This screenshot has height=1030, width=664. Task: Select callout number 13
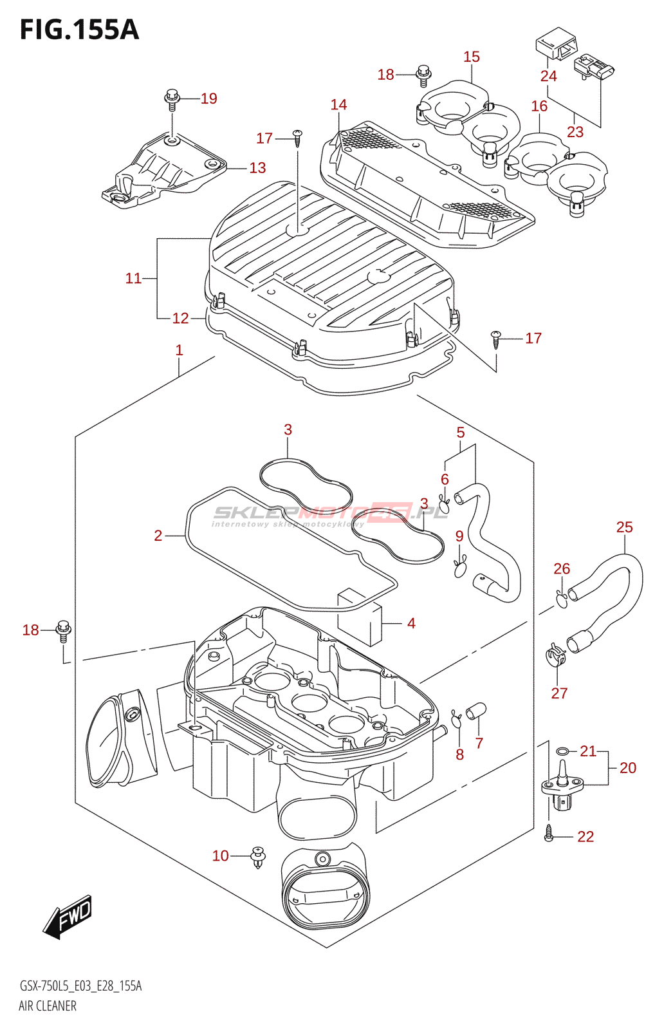click(x=257, y=168)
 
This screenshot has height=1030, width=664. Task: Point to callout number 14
click(x=338, y=105)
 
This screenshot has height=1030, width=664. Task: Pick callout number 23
click(x=575, y=132)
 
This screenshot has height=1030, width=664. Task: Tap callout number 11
click(x=133, y=278)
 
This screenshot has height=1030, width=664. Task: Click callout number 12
click(x=181, y=318)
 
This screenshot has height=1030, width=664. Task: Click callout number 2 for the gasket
click(x=158, y=536)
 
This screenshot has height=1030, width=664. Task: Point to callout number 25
click(x=625, y=527)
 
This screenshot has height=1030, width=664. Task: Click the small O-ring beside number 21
click(x=562, y=751)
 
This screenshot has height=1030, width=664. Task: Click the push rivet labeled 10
click(x=258, y=859)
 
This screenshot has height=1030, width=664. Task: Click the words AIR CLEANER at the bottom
click(x=48, y=1015)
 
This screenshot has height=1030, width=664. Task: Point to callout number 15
click(x=472, y=57)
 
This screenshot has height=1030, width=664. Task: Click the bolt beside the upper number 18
click(x=422, y=76)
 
